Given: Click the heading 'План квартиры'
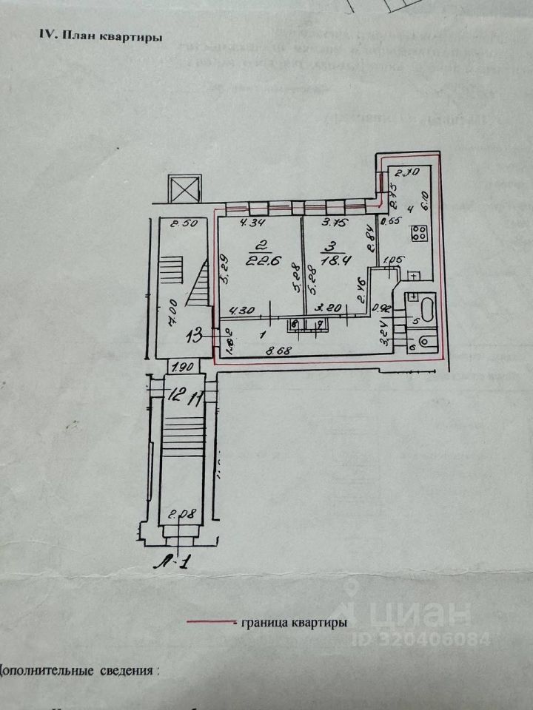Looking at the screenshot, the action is (x=101, y=36).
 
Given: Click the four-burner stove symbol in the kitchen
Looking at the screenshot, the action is (x=420, y=234).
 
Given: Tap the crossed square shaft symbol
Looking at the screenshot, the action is (x=184, y=188).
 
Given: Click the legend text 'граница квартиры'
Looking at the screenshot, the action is (x=293, y=623).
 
